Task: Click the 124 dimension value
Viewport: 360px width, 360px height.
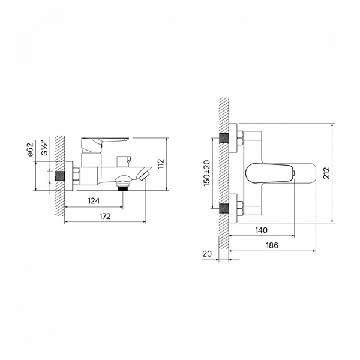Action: (x=94, y=201)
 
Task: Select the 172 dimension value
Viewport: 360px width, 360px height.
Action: (x=105, y=216)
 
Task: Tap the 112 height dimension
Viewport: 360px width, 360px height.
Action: (x=161, y=164)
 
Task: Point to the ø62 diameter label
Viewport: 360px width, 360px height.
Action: (x=31, y=149)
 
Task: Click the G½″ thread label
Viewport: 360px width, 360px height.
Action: (x=45, y=149)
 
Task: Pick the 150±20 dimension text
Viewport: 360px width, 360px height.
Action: (x=206, y=173)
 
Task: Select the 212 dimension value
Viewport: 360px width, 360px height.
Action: (x=326, y=173)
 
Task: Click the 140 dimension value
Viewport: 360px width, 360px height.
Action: (x=261, y=230)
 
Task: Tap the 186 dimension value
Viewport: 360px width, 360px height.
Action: (x=272, y=245)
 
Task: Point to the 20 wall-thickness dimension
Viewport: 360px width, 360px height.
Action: (x=207, y=254)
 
